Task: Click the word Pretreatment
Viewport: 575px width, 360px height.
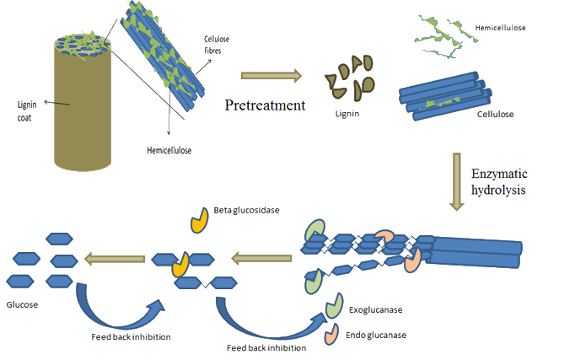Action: click(263, 105)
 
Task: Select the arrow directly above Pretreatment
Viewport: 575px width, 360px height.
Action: click(271, 77)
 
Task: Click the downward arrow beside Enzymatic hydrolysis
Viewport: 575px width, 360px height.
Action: click(456, 180)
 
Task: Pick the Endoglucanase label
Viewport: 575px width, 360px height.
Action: click(376, 335)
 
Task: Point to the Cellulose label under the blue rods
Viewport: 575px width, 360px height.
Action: click(495, 113)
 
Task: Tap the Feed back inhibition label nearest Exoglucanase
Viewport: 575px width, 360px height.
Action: click(266, 347)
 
